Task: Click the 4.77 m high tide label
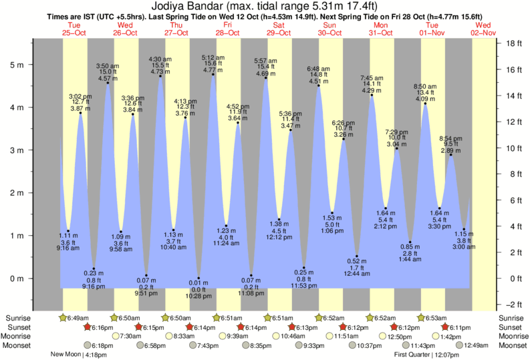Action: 213,69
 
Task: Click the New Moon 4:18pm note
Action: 78,355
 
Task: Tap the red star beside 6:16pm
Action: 87,327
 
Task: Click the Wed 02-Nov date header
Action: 483,28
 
